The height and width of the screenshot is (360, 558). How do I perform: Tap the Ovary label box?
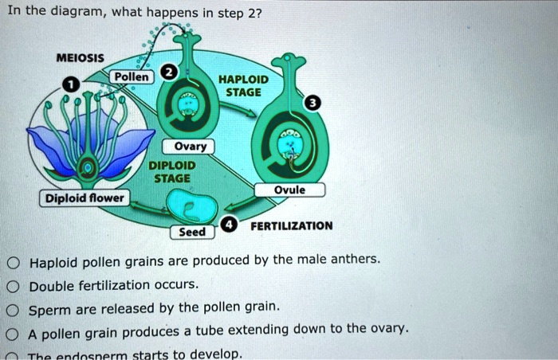point(190,146)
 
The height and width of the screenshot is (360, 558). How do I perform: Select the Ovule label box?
point(289,190)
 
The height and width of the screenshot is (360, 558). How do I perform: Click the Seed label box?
point(192,232)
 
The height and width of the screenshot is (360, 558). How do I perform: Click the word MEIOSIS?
point(79,58)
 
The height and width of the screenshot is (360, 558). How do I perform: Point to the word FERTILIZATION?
point(291,226)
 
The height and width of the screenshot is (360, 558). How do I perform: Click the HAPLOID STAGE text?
point(243,85)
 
